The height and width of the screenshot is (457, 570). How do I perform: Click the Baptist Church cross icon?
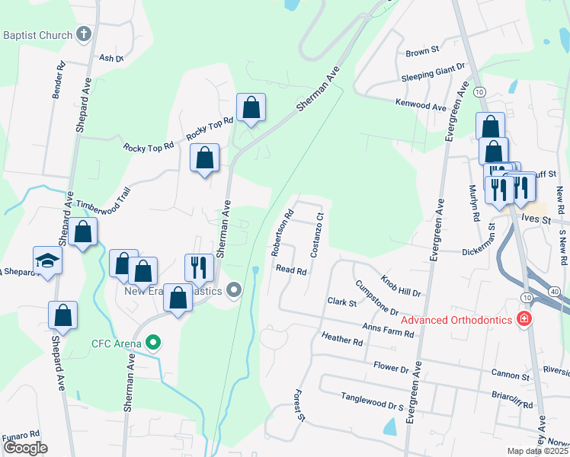tap(84, 34)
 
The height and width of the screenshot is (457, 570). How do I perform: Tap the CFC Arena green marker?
tap(152, 344)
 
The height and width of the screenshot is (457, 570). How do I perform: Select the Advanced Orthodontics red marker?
tap(524, 319)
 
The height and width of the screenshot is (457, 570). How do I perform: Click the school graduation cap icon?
tap(47, 261)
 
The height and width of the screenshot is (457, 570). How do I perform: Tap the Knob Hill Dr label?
tap(401, 286)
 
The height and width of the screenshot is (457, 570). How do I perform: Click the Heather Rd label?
tap(342, 339)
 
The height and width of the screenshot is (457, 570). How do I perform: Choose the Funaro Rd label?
tap(20, 435)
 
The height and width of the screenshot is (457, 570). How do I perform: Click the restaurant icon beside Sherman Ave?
tap(199, 266)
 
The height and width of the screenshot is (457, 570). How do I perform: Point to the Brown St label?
tap(423, 52)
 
